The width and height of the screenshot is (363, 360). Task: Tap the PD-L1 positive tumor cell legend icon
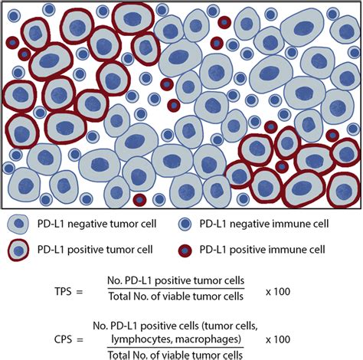coord(17,249)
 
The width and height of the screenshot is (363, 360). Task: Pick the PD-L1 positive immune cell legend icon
coord(186,249)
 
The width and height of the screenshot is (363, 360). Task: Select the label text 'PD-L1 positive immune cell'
coord(263,249)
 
